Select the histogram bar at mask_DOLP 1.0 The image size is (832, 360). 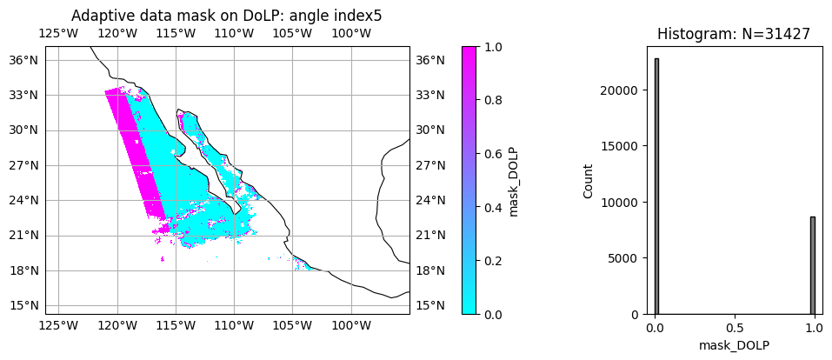coord(813,265)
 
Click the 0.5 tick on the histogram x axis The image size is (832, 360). coord(735,330)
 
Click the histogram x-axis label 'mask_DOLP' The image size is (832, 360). coord(735,345)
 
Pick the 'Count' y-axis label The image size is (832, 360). coord(589,181)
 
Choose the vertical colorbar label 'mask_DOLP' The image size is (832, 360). coord(514,181)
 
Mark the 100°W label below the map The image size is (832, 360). coord(351,326)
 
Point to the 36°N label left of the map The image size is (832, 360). coord(23,60)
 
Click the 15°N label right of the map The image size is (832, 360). coord(431,305)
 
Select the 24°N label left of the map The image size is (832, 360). coord(23,200)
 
